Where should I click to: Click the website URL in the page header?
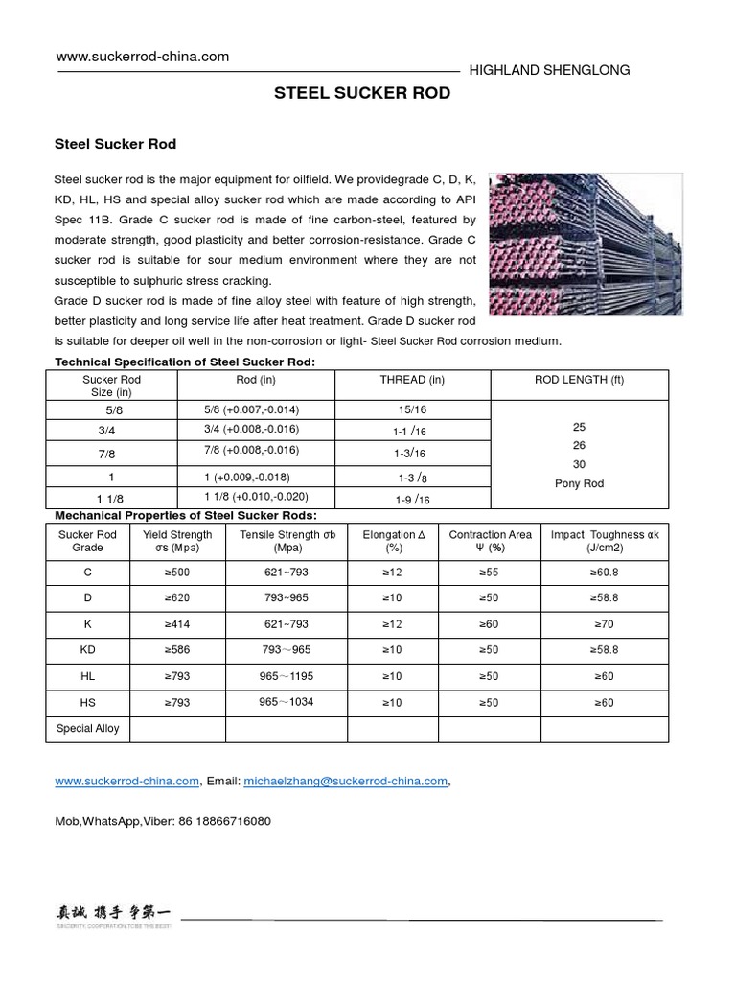[143, 57]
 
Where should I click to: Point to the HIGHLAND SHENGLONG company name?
[547, 70]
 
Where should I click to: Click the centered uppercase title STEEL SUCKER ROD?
[362, 94]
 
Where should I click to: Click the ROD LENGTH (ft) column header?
[579, 380]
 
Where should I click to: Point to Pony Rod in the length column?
[579, 483]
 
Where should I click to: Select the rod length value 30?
[579, 464]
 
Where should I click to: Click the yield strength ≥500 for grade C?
[177, 572]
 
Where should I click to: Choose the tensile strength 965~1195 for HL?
[286, 675]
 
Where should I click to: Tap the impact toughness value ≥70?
[604, 623]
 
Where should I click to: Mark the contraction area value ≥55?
[490, 572]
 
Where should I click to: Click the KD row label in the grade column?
[87, 649]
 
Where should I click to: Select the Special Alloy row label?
[87, 728]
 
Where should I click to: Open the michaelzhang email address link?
[346, 781]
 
